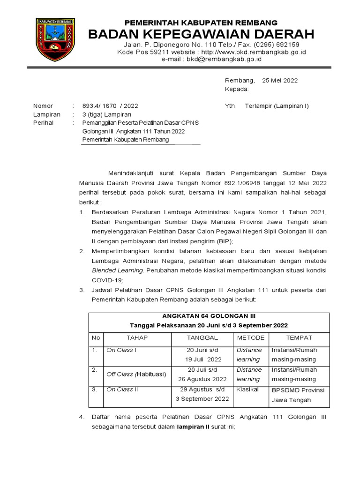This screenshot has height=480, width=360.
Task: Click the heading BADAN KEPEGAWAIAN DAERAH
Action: click(202, 34)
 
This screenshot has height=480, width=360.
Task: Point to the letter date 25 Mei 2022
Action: click(280, 80)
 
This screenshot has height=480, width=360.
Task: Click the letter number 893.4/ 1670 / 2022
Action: click(110, 106)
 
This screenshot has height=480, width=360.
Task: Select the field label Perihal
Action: click(43, 123)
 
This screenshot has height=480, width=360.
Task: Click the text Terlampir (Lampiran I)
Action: click(277, 106)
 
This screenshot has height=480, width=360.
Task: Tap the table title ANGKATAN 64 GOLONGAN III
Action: click(209, 315)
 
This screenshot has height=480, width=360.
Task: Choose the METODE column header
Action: click(250, 337)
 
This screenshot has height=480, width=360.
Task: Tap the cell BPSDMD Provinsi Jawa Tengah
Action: click(298, 395)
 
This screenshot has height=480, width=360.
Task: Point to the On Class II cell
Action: click(121, 390)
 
